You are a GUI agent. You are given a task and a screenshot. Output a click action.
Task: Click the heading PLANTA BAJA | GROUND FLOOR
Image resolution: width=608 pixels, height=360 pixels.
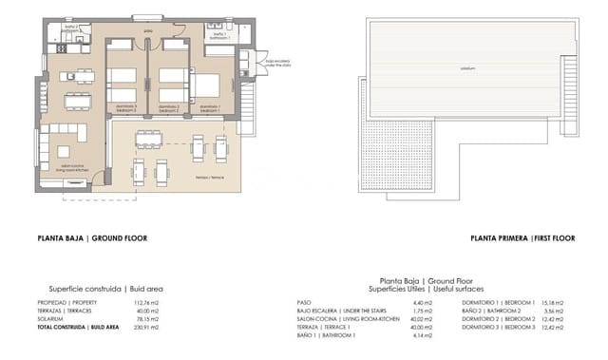91,239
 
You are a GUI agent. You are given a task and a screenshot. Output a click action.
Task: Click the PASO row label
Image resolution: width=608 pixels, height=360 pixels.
306,302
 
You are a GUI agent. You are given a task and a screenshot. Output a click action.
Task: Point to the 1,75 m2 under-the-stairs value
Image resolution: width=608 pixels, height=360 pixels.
420,311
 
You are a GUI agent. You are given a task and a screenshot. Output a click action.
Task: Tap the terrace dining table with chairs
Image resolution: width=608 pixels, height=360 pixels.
148,141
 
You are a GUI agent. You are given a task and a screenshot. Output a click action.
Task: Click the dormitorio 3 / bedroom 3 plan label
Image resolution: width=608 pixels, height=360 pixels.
122,106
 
